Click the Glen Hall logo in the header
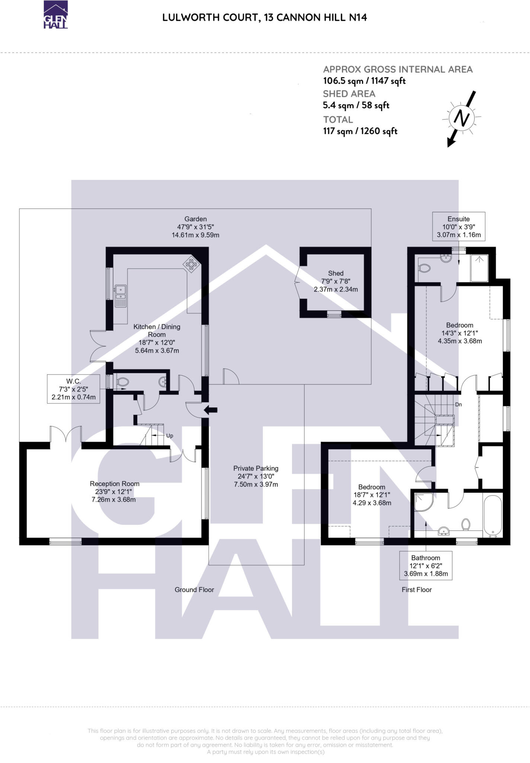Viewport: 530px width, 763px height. click(56, 15)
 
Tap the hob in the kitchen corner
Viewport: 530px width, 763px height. click(192, 265)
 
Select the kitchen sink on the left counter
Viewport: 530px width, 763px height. click(121, 296)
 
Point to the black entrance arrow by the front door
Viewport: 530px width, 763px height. click(211, 410)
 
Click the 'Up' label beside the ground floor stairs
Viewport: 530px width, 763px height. click(169, 436)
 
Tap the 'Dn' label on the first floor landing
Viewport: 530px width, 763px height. click(459, 404)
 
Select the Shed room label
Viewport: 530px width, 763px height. click(336, 273)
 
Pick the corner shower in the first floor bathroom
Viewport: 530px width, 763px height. click(423, 502)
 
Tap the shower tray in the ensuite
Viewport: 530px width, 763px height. click(479, 268)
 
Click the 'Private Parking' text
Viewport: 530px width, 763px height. click(256, 468)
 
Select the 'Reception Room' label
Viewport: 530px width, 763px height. click(115, 484)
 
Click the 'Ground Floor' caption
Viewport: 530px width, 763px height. click(194, 590)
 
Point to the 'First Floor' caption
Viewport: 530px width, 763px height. click(416, 590)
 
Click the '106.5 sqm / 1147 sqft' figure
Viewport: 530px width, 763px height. click(364, 81)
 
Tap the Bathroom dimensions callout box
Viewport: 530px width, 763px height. click(426, 566)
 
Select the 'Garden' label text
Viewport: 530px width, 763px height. click(195, 219)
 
